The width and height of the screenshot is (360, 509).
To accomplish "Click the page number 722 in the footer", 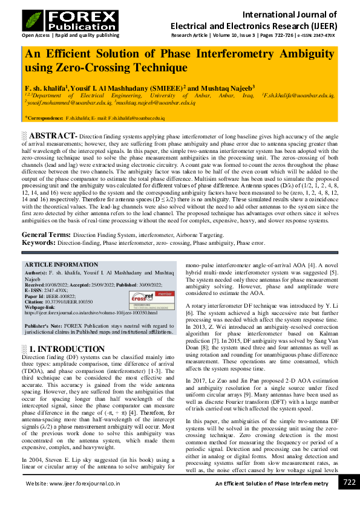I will coord(349,482).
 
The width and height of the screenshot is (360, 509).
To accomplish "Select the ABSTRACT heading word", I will coord(53,135).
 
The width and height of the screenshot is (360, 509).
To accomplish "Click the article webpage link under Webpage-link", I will coord(91,313).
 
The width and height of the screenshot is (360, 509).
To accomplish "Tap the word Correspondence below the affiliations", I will coord(45,118).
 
